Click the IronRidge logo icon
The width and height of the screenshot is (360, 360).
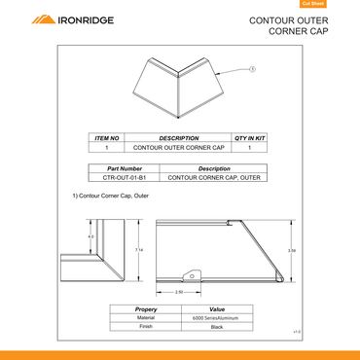[x=44, y=19]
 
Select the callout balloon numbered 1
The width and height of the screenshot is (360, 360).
[x=253, y=69]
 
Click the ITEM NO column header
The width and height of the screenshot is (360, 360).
[x=107, y=138]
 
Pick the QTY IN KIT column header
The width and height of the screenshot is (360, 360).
[x=250, y=138]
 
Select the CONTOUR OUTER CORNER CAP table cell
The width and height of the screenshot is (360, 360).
[x=179, y=148]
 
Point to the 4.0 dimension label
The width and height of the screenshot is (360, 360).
[x=91, y=236]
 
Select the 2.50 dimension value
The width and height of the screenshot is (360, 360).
[x=179, y=291]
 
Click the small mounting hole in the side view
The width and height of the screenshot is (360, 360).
[x=193, y=275]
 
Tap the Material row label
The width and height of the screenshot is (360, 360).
[x=146, y=318]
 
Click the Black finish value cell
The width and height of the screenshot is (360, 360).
[x=217, y=327]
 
